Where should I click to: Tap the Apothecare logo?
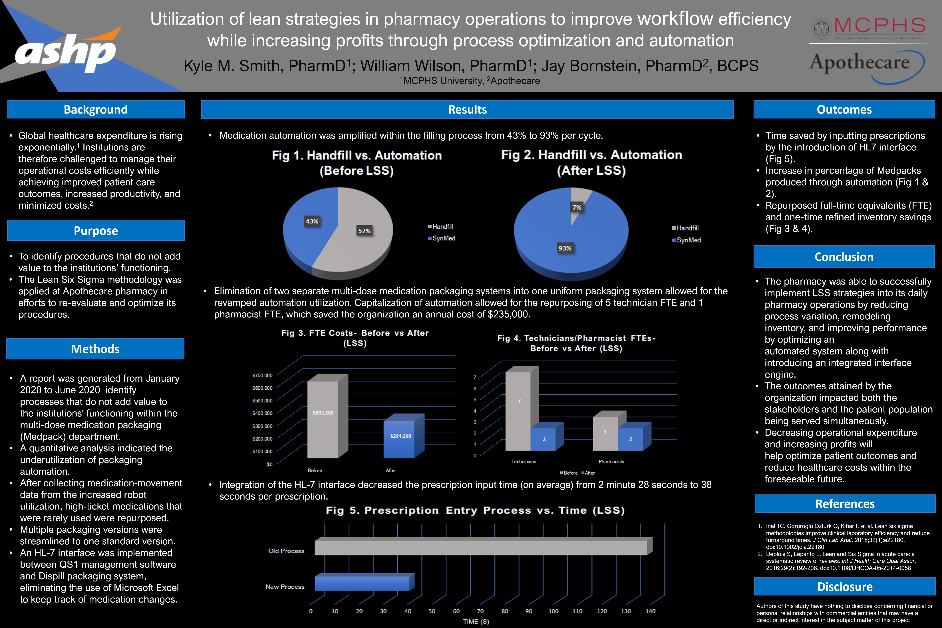coord(865,64)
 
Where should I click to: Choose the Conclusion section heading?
coord(844,257)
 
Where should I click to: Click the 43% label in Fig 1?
coord(312,221)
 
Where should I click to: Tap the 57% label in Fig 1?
coord(364,231)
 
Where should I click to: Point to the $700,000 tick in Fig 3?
coord(262,375)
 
